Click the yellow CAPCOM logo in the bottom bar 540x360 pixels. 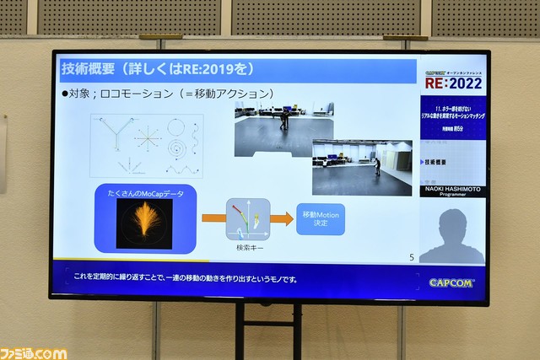[451, 282]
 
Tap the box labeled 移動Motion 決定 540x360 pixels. [321, 219]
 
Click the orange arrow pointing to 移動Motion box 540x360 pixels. [282, 219]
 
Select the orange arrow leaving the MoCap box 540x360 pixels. [213, 218]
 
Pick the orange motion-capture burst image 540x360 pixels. [144, 223]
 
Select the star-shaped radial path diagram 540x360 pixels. [147, 135]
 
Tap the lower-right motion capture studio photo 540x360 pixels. [362, 166]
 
